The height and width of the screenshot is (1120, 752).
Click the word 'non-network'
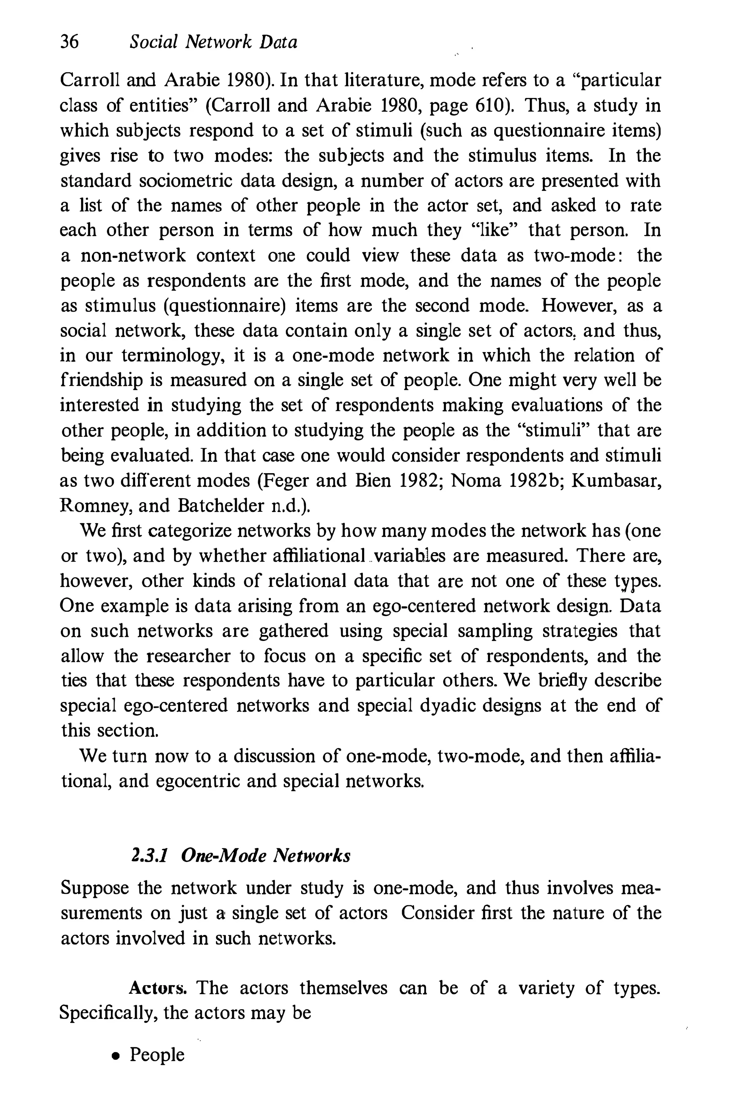pos(133,255)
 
